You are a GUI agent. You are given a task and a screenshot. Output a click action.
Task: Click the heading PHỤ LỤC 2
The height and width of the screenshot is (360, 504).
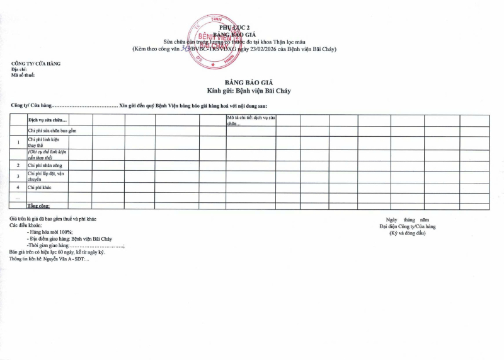click(234, 28)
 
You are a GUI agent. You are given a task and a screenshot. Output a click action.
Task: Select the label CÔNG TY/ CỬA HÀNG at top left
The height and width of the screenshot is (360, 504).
click(36, 64)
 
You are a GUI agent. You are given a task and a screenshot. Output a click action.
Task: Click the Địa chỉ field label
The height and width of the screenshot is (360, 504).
click(20, 70)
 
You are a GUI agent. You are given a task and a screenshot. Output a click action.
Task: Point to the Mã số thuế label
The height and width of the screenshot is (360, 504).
click(23, 76)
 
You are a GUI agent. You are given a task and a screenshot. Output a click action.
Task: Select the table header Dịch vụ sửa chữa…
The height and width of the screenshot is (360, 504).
click(48, 120)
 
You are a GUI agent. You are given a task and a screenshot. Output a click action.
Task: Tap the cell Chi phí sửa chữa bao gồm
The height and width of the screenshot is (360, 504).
click(52, 131)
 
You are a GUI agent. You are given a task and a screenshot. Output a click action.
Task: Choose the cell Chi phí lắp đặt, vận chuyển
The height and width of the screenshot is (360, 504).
click(47, 176)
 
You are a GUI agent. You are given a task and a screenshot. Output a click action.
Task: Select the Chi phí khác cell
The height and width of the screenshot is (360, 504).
click(39, 187)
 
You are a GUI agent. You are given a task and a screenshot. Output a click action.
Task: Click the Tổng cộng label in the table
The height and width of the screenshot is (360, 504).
click(38, 206)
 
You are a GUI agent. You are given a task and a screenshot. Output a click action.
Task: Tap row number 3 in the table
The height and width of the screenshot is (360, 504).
click(18, 176)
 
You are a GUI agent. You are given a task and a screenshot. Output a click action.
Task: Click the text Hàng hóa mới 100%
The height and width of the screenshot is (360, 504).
click(54, 232)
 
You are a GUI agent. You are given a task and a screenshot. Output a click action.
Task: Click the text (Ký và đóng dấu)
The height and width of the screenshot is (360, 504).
click(408, 233)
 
